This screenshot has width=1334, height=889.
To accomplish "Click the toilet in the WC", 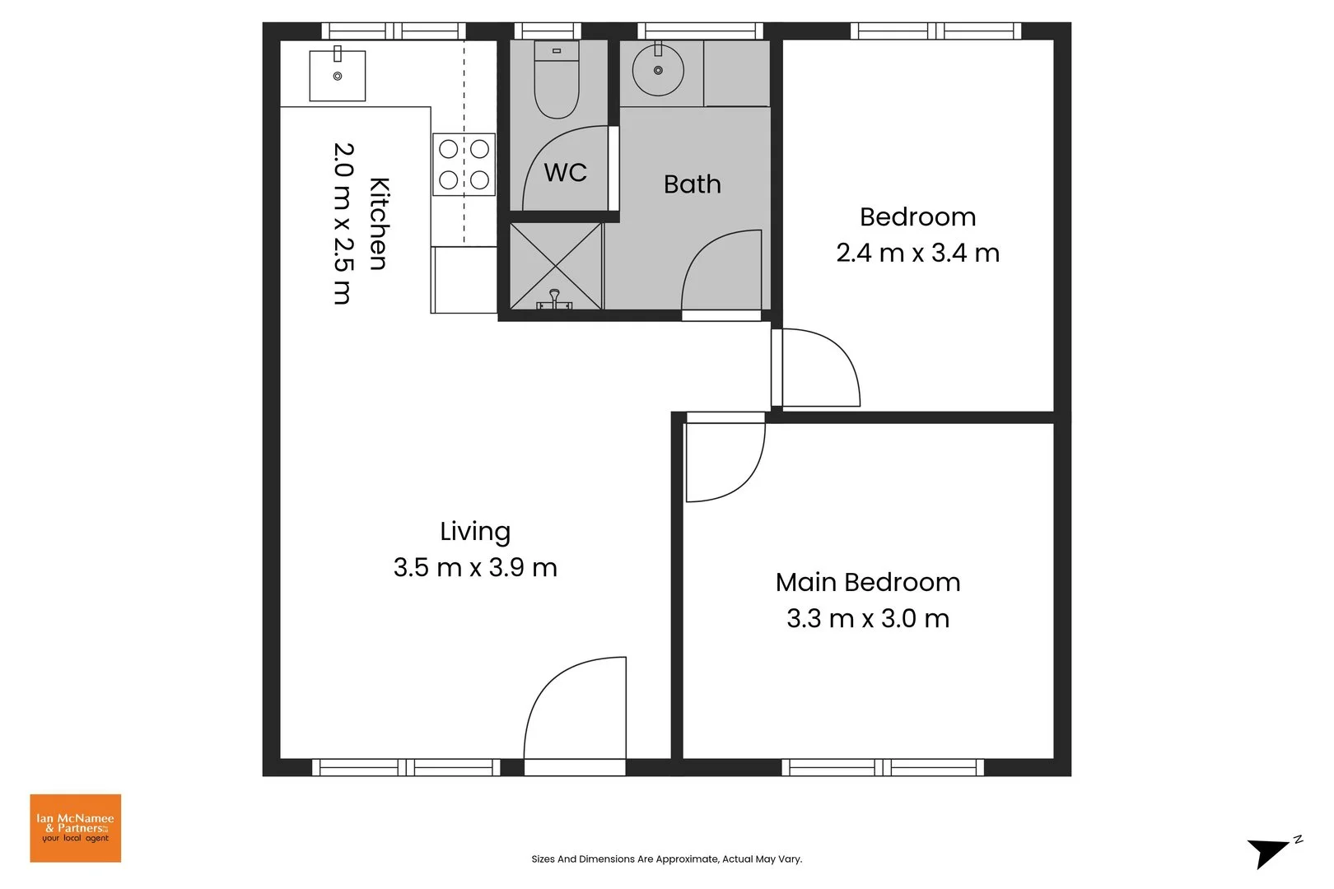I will click(557, 81).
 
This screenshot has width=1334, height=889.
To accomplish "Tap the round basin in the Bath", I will click(657, 71).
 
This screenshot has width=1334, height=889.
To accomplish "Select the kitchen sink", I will click(337, 76).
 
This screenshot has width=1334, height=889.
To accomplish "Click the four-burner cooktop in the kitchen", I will click(464, 164).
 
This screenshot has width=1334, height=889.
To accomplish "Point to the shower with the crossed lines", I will click(556, 266).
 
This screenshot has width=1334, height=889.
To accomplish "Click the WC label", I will click(566, 173).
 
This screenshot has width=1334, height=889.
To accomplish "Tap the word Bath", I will click(692, 184).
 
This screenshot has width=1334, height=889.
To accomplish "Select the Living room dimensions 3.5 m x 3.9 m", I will click(475, 568).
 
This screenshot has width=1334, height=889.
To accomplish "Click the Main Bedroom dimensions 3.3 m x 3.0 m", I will click(868, 618).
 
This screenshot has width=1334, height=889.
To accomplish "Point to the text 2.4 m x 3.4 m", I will click(917, 253).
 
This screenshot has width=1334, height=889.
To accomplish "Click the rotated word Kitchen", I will click(378, 223).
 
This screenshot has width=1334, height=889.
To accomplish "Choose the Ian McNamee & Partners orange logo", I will click(76, 828).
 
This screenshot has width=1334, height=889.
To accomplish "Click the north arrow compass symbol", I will click(1271, 851).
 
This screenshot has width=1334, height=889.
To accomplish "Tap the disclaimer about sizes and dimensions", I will click(666, 859).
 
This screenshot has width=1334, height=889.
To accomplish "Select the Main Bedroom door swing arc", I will click(725, 461).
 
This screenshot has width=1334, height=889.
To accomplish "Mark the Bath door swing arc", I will click(721, 272).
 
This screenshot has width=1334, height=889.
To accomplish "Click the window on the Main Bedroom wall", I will click(882, 767).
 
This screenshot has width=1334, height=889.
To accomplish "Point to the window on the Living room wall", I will click(406, 767).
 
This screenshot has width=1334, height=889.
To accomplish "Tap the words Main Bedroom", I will click(868, 583).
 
